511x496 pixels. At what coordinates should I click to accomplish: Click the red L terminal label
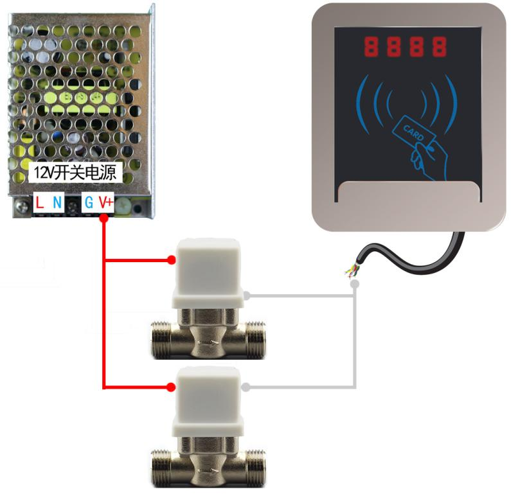click(x=40, y=204)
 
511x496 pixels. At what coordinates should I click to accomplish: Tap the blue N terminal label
click(x=57, y=204)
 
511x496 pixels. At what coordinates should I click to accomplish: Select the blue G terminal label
click(x=89, y=204)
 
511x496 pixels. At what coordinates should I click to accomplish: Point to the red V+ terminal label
click(x=105, y=204)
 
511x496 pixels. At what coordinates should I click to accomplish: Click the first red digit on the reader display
click(x=372, y=46)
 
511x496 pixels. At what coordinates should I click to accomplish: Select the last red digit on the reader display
click(x=440, y=46)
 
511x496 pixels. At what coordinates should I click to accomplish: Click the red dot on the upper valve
click(x=171, y=260)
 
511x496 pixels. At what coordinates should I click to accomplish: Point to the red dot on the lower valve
click(x=171, y=387)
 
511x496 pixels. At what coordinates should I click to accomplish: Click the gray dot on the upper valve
click(x=247, y=296)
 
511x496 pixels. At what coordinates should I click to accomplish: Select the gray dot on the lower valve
click(x=247, y=387)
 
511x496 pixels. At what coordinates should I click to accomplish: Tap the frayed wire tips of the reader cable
click(x=352, y=272)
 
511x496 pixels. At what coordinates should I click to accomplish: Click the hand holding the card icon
click(x=424, y=157)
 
